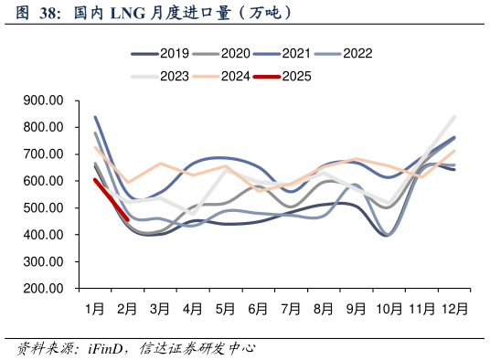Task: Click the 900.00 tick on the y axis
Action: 43,101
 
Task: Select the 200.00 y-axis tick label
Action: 43,289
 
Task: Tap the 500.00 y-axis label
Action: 43,208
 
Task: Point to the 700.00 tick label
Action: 43,154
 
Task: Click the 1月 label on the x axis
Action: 94,310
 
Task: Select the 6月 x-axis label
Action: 258,310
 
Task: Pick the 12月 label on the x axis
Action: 454,310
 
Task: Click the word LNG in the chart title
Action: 127,13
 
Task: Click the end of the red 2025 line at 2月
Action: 127,218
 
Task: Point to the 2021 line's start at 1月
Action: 95,117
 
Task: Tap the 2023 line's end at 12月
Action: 454,116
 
